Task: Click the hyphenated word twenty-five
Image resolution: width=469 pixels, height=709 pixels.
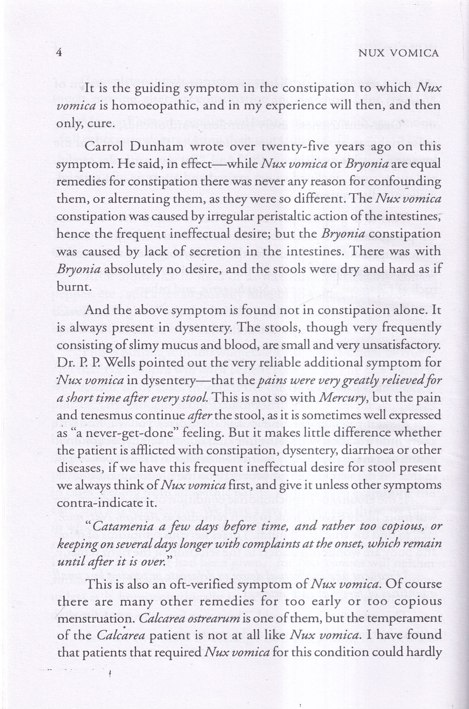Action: [281, 147]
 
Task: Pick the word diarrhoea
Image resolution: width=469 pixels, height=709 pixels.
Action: [367, 451]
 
